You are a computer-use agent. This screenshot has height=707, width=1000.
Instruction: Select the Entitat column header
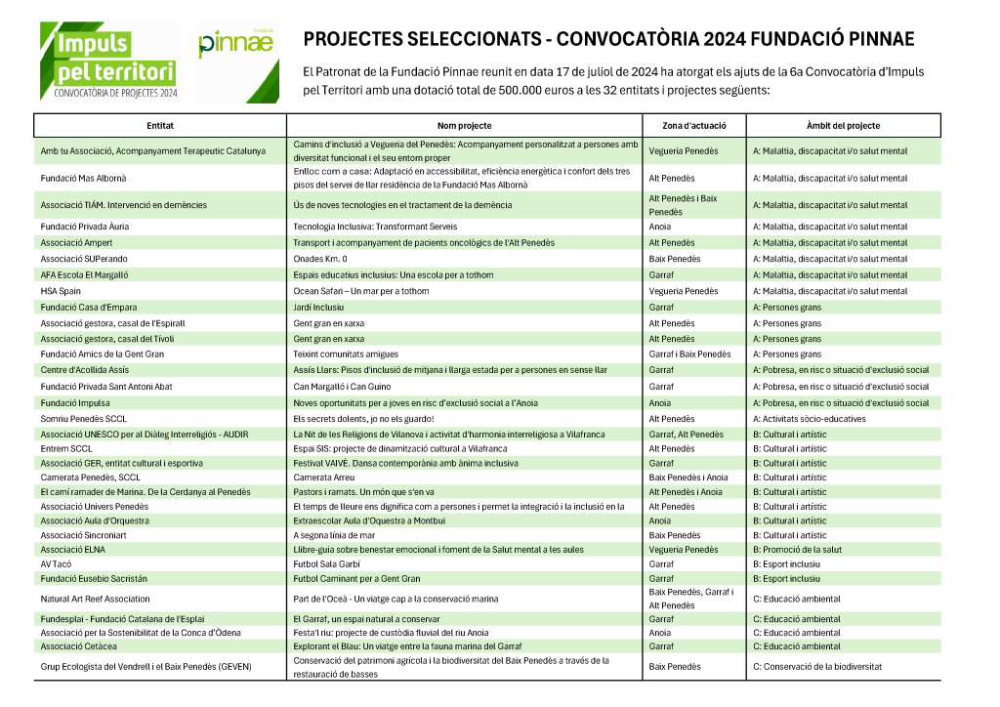tap(160, 126)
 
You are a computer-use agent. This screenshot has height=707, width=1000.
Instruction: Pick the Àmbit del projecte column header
tap(843, 126)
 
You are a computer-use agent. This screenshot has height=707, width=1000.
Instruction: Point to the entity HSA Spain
tap(61, 291)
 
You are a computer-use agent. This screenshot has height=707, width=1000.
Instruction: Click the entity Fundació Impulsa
tap(74, 402)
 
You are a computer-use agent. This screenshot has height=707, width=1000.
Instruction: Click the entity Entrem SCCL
tap(66, 448)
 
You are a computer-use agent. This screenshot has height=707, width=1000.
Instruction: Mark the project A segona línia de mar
tap(334, 535)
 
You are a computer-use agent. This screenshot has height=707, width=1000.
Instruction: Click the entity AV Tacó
tap(57, 564)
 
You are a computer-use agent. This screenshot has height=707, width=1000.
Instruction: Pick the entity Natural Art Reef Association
tap(96, 599)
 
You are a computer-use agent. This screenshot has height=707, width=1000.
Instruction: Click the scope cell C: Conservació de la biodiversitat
tap(817, 667)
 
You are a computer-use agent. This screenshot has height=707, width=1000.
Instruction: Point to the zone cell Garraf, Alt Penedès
tap(686, 435)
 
